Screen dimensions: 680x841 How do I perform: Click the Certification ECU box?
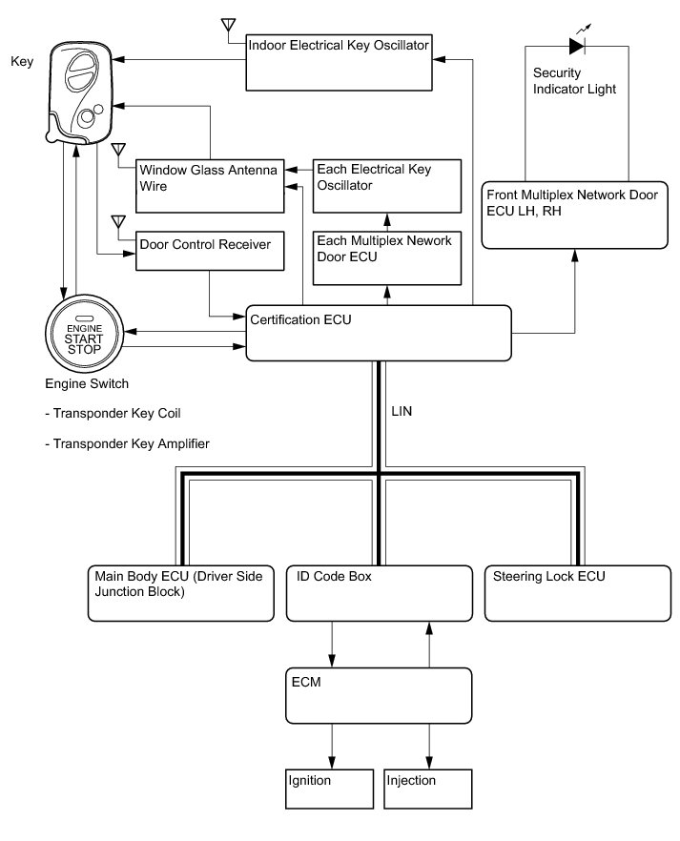(378, 333)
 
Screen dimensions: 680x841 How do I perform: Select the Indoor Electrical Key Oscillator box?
(339, 62)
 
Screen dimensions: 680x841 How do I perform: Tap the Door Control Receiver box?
(210, 251)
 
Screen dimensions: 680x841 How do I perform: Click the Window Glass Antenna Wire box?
(210, 186)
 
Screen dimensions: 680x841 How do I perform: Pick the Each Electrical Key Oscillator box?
(386, 186)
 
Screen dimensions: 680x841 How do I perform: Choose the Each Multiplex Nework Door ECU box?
(386, 258)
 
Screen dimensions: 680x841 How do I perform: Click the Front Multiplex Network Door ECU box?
(574, 215)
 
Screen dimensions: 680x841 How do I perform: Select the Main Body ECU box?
(180, 593)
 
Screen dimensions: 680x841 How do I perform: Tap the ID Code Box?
(380, 593)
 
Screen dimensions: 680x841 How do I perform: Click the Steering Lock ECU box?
(578, 593)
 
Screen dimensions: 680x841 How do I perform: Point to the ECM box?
(379, 696)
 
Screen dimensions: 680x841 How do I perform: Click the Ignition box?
(329, 789)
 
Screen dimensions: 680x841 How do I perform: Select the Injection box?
(428, 789)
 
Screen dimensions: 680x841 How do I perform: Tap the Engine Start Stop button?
(84, 334)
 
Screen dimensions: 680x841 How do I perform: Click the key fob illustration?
(81, 92)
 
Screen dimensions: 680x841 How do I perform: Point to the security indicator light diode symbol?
(577, 46)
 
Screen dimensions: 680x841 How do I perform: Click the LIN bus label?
(402, 411)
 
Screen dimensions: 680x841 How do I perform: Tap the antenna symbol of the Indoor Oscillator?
(229, 25)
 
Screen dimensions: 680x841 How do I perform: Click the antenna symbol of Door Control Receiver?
(118, 222)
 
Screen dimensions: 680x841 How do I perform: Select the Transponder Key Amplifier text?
(127, 443)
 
